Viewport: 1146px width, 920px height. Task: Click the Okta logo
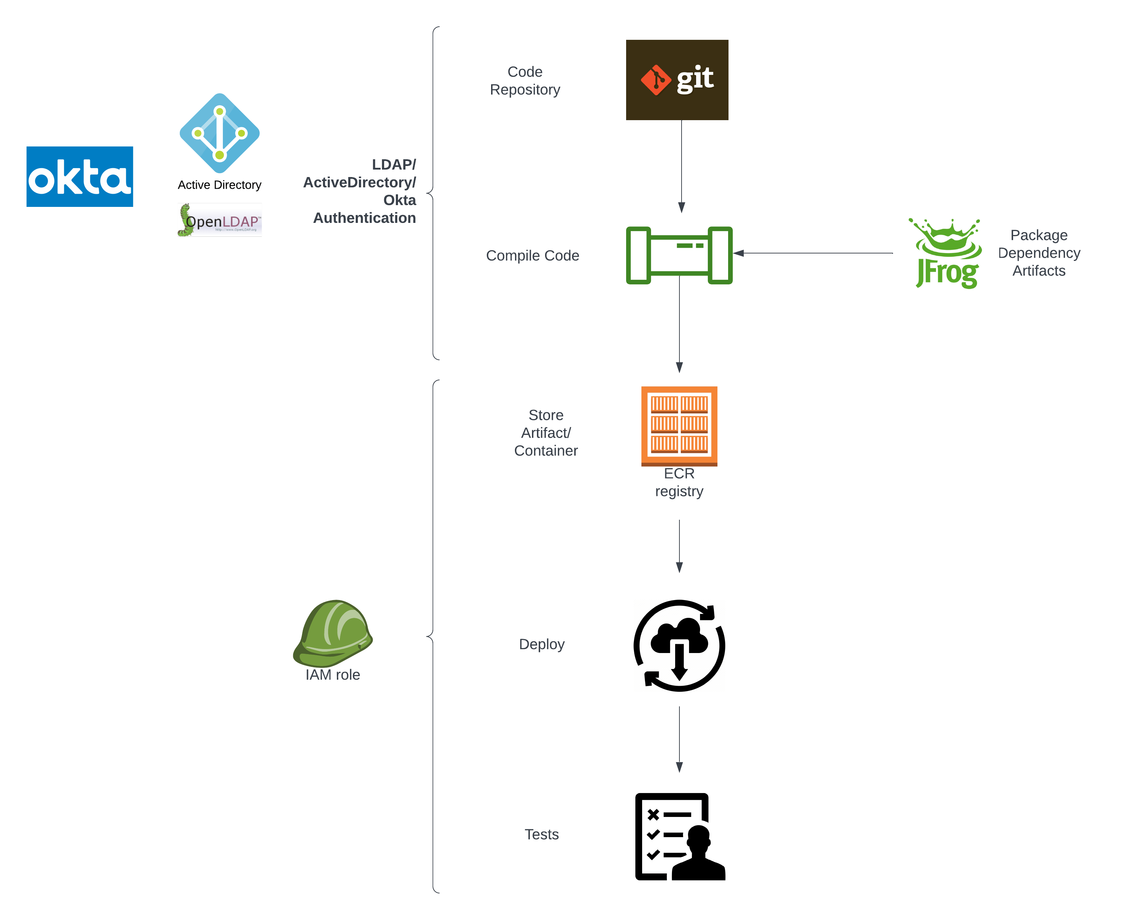click(x=80, y=177)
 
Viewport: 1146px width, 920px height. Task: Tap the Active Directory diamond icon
click(x=220, y=133)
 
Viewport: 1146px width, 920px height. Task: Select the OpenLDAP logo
click(x=220, y=220)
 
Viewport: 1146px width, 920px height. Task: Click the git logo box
click(x=677, y=80)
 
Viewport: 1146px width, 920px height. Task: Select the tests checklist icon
click(x=679, y=836)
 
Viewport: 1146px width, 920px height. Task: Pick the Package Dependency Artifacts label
click(x=1039, y=253)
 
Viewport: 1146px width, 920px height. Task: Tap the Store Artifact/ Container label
click(x=545, y=433)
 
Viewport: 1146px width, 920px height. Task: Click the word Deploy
click(x=541, y=644)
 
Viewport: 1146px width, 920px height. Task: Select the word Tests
click(x=541, y=834)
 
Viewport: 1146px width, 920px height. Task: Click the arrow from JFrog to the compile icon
click(x=813, y=253)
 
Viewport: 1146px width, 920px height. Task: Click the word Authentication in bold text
click(x=364, y=218)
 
